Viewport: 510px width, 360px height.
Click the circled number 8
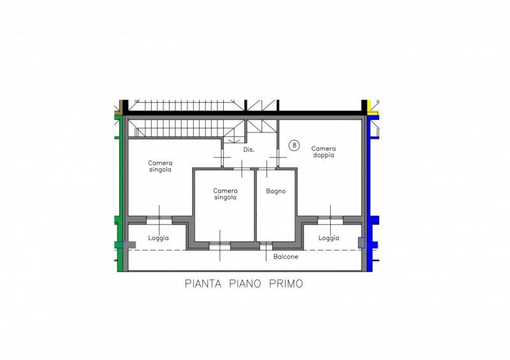(294, 145)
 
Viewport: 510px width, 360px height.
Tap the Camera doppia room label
(323, 152)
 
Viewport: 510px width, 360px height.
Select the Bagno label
(276, 191)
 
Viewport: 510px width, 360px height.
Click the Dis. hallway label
(249, 150)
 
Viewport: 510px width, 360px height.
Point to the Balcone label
(286, 257)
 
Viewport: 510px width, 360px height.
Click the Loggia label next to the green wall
(158, 238)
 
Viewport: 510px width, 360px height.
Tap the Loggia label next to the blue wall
(328, 238)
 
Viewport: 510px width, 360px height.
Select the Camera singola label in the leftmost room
(160, 166)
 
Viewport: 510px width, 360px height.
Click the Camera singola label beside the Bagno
(225, 194)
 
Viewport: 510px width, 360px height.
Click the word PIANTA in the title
(203, 284)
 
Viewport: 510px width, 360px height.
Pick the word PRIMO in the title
(286, 284)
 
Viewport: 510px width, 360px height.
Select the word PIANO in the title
(245, 284)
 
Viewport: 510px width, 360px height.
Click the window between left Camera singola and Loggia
(159, 220)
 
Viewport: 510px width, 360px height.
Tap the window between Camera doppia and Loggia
(330, 220)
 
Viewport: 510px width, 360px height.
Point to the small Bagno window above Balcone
(266, 246)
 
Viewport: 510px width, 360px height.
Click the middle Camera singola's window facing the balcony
(220, 246)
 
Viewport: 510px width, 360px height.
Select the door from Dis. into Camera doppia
(278, 157)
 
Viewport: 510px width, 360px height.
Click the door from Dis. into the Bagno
(266, 168)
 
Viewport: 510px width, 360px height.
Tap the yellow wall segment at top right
(373, 113)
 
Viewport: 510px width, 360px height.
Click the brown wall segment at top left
(120, 108)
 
